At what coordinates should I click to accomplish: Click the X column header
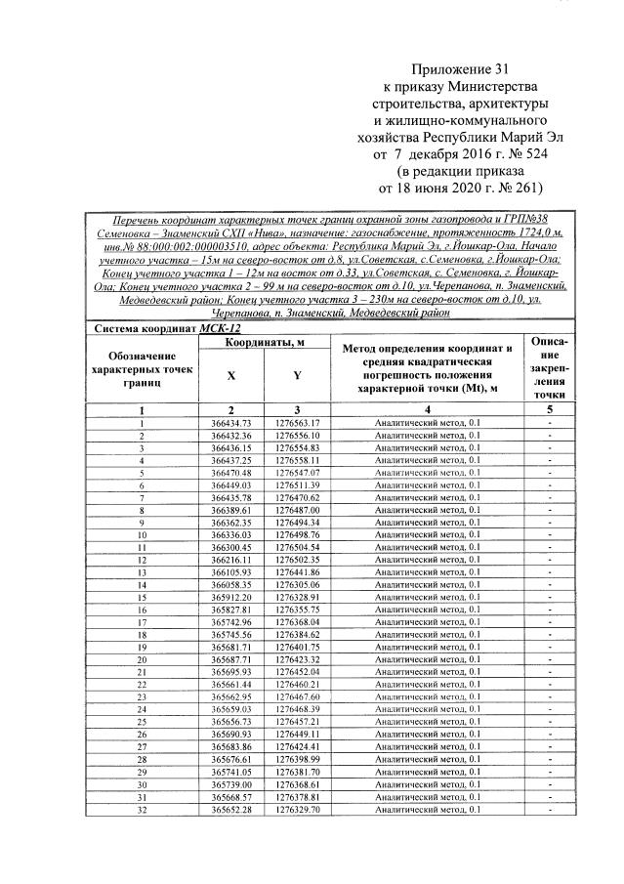point(231,376)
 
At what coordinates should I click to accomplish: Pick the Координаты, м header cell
point(265,343)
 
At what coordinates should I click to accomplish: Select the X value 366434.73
point(231,422)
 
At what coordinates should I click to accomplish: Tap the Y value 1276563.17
point(298,422)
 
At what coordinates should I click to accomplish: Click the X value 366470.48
point(231,471)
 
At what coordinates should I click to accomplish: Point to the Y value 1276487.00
point(298,510)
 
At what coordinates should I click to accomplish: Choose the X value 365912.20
point(231,596)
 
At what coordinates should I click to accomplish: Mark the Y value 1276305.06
point(298,584)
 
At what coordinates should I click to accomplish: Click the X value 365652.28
point(231,810)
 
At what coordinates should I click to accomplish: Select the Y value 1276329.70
point(298,810)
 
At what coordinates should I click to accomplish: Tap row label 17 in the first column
point(142,621)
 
